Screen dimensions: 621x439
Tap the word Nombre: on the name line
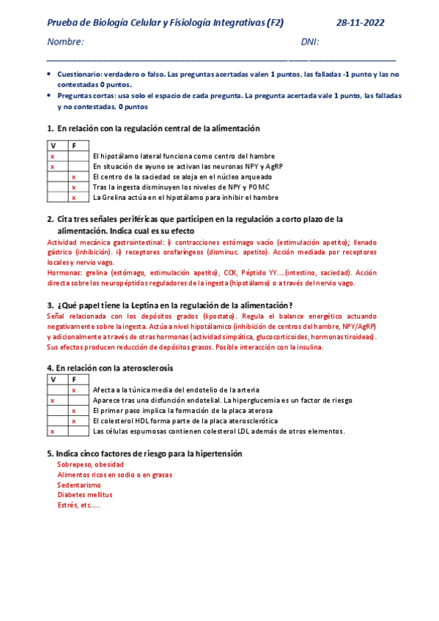(64, 42)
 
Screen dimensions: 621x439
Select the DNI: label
(311, 42)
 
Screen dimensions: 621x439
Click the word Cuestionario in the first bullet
(79, 75)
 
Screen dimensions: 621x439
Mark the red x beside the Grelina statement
(73, 198)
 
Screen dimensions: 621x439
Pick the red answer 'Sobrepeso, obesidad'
(90, 464)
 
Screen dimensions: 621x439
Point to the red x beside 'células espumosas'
(52, 431)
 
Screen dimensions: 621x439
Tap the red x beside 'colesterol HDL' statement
(73, 421)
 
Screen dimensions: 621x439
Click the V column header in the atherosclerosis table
(52, 379)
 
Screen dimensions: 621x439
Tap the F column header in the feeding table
(73, 146)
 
